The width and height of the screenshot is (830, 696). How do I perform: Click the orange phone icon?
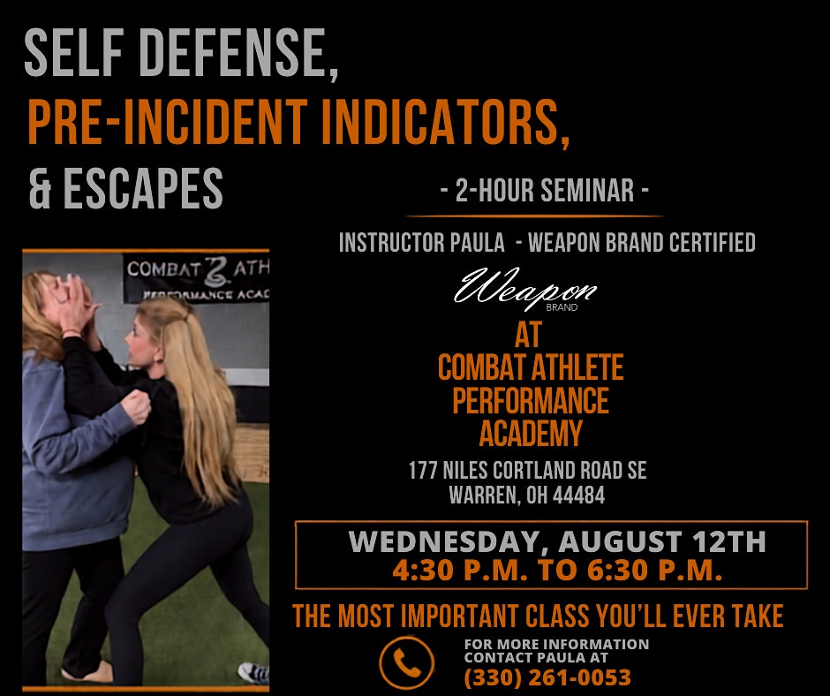406,662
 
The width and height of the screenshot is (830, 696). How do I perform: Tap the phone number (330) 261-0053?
547,677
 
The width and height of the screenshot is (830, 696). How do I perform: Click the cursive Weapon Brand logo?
525,289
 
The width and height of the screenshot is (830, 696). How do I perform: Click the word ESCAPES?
143,188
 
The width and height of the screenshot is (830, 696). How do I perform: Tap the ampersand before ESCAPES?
40,188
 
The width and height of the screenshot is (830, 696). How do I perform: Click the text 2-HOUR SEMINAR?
545,190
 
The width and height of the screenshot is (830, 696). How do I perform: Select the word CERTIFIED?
712,243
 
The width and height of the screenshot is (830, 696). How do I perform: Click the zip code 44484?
578,496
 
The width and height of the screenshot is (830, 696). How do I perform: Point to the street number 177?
422,471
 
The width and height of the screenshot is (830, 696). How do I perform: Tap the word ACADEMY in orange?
531,434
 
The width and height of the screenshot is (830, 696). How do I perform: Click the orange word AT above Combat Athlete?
528,335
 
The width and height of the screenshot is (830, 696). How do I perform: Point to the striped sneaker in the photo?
253,673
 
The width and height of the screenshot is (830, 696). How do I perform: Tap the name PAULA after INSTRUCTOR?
477,243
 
